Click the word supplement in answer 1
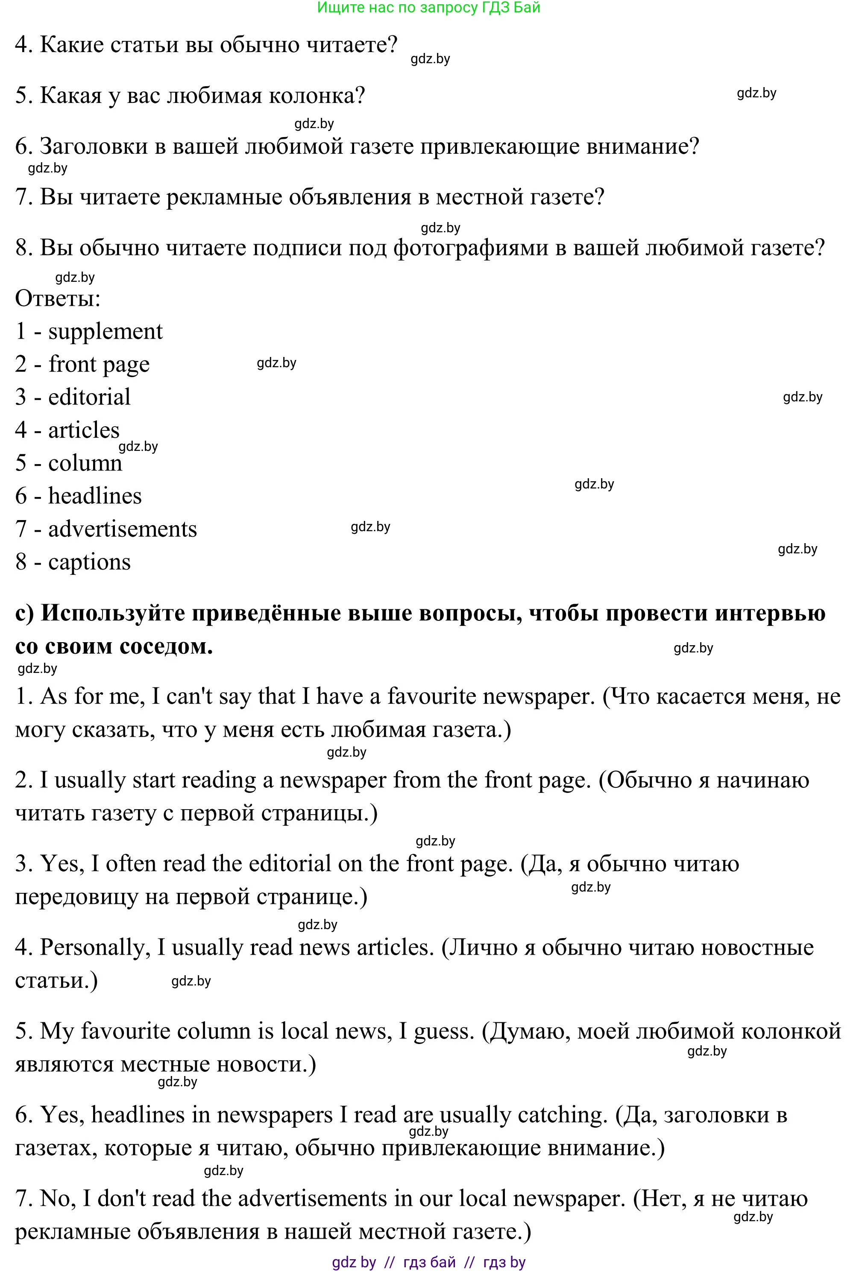point(105,332)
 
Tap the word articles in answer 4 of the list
point(84,430)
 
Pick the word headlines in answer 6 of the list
point(95,496)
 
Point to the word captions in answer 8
point(89,562)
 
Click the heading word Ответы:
point(58,299)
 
